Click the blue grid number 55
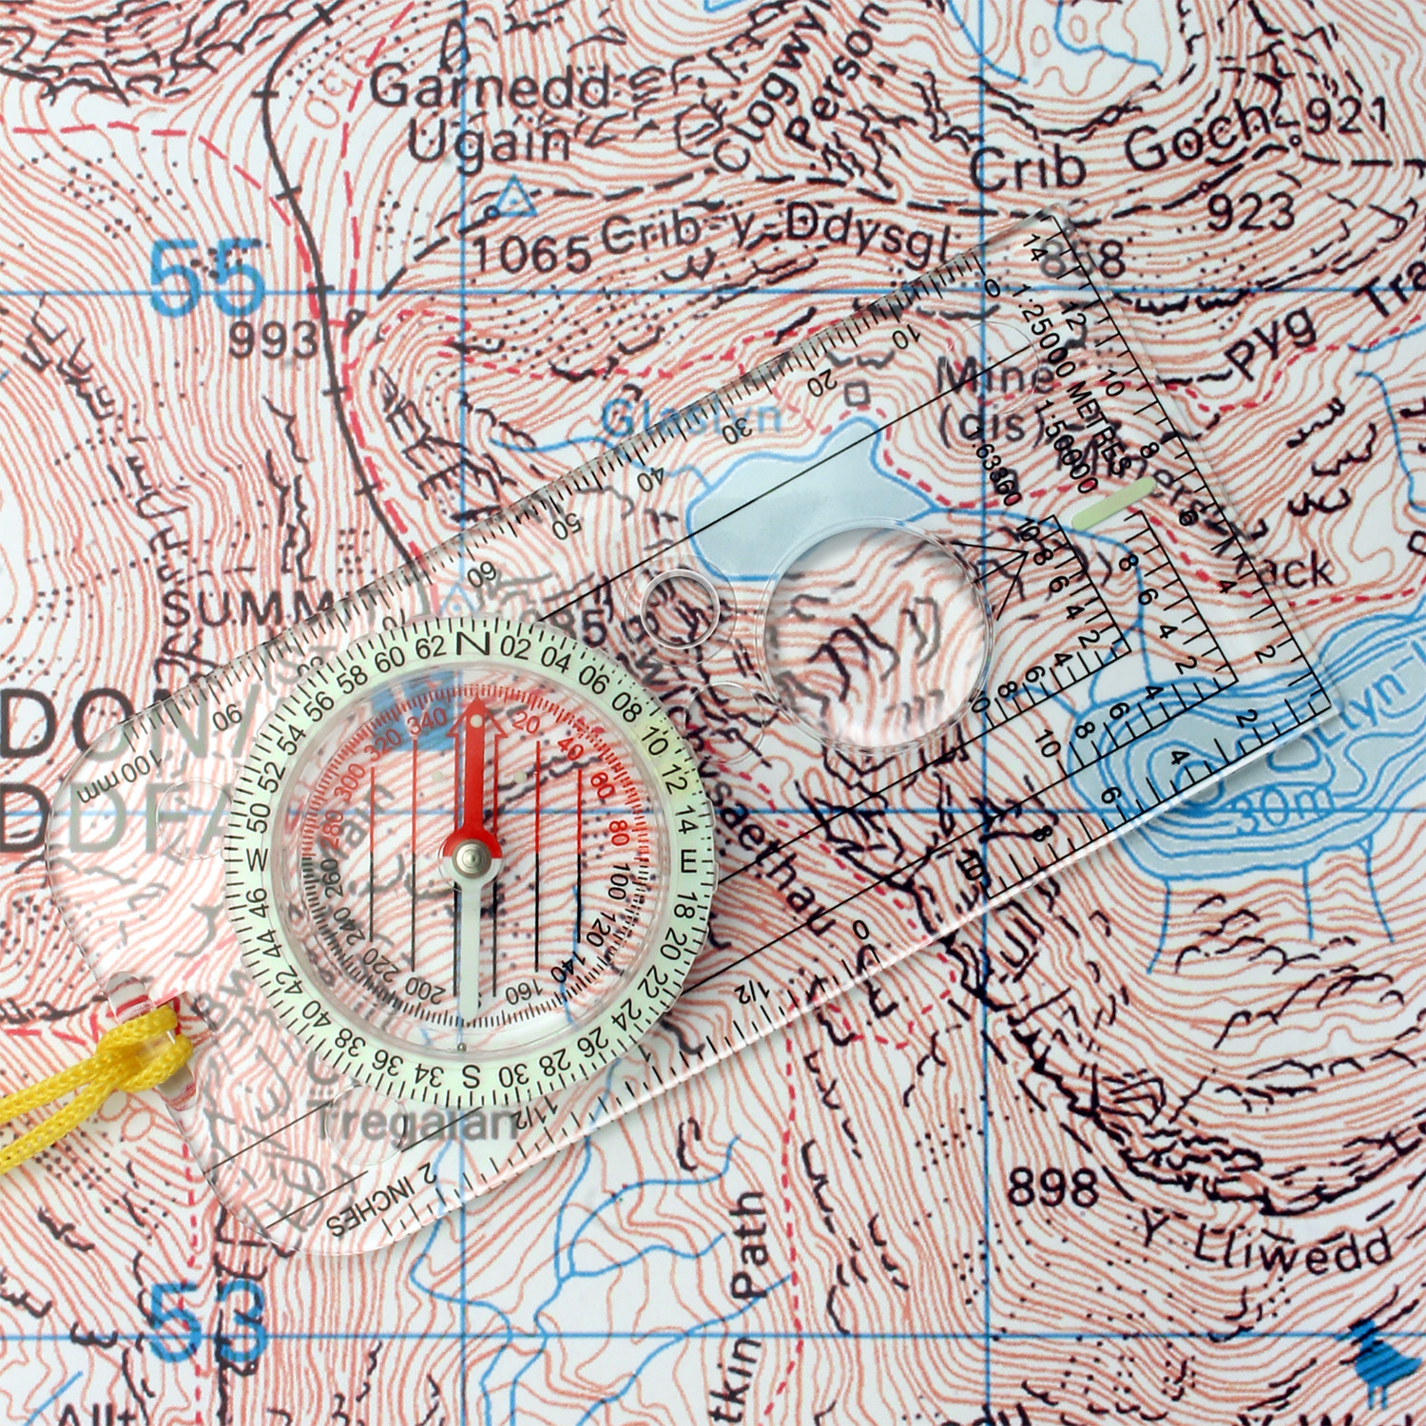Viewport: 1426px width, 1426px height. (206, 277)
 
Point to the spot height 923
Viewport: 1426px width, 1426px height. (1251, 212)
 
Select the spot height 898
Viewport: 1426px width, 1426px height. (1052, 1187)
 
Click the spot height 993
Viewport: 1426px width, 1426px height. (273, 339)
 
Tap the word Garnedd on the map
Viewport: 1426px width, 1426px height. (490, 88)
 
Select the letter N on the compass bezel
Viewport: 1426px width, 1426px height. (472, 644)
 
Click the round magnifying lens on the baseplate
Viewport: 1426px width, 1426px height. (875, 635)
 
